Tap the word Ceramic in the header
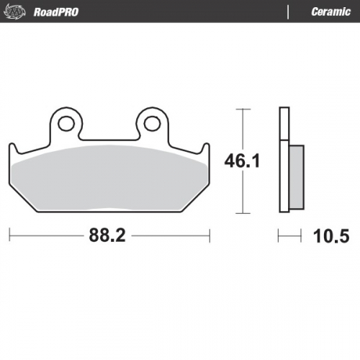pos(330,12)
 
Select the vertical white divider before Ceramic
pos(289,12)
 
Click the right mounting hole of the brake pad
pos(153,123)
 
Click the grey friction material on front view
pos(108,180)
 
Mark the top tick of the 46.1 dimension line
pos(242,109)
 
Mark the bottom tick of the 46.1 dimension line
pos(242,213)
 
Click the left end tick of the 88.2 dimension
pos(9,235)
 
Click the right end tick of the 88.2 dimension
pos(210,235)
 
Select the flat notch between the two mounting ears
pos(109,138)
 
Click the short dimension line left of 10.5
pos(289,235)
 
